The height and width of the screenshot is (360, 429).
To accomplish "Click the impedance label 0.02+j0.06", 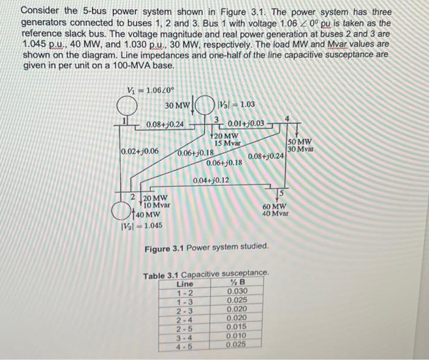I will point(140,151).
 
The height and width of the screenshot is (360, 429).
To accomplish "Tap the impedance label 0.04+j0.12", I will point(211,180).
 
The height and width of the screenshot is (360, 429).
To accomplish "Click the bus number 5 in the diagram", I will point(284,194).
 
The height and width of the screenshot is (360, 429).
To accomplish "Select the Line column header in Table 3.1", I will point(184,283).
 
